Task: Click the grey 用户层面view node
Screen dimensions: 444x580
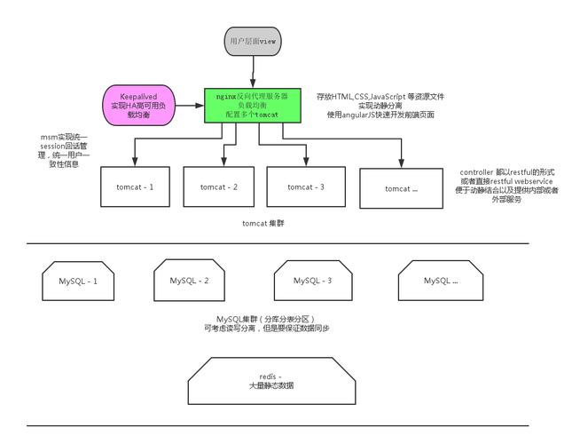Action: (x=254, y=41)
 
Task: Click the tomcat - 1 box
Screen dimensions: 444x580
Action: (x=135, y=186)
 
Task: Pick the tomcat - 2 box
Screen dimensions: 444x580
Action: (x=218, y=186)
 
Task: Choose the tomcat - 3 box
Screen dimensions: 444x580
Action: (x=307, y=186)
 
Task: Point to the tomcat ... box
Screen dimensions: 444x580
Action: (x=401, y=188)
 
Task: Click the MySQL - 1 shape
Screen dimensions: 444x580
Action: (x=78, y=281)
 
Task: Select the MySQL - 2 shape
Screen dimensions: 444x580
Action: (x=189, y=281)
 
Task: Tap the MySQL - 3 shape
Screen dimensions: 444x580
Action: (x=312, y=281)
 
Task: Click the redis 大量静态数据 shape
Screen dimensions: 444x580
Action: (x=270, y=381)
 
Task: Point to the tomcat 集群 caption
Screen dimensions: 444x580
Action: (x=263, y=224)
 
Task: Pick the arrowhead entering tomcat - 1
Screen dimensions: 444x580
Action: (x=135, y=163)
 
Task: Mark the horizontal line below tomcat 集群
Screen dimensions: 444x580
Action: (x=277, y=243)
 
